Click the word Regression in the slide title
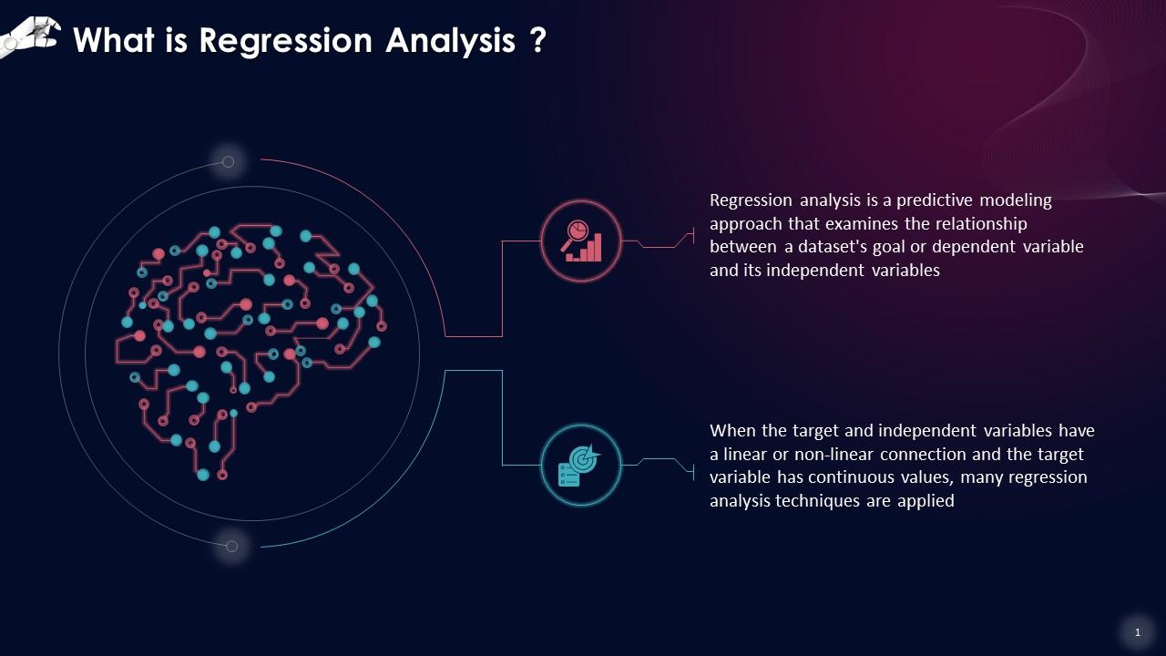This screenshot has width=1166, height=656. (x=286, y=41)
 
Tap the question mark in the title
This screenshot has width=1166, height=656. (x=538, y=39)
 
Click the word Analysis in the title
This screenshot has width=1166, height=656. (x=450, y=41)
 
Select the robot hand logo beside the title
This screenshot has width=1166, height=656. (x=30, y=36)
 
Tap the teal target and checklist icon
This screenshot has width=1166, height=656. (x=580, y=466)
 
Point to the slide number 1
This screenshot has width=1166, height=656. (x=1138, y=632)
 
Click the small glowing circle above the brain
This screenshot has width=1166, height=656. (x=228, y=162)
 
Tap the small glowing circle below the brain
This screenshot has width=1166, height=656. (x=231, y=546)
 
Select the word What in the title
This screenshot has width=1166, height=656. (x=114, y=40)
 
